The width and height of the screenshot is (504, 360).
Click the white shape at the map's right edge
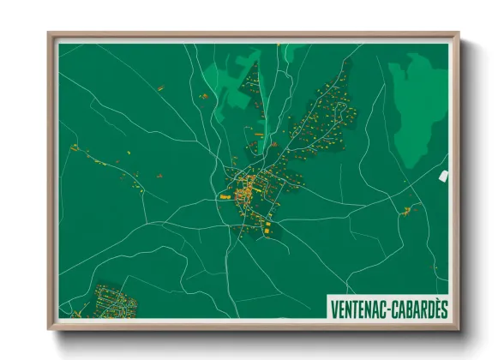click(443, 176)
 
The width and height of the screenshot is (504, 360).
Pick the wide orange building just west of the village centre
click(225, 196)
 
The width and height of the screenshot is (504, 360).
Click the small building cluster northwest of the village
click(206, 97)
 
